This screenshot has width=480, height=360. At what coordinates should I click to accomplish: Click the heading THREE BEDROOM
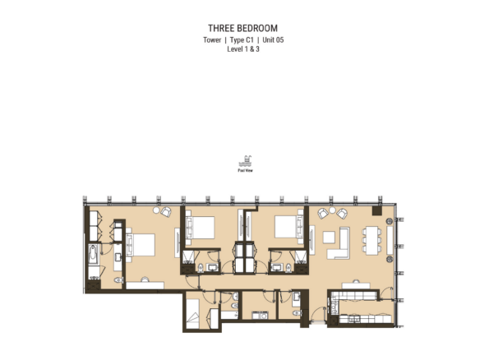242,28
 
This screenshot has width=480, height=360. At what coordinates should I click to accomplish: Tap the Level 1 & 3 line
242,48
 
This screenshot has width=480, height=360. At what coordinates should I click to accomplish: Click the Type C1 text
242,39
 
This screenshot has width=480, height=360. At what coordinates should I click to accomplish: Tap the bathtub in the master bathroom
92,256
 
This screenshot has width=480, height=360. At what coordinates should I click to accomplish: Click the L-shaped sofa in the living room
341,241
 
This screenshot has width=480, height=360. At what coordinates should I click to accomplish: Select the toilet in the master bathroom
119,281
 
